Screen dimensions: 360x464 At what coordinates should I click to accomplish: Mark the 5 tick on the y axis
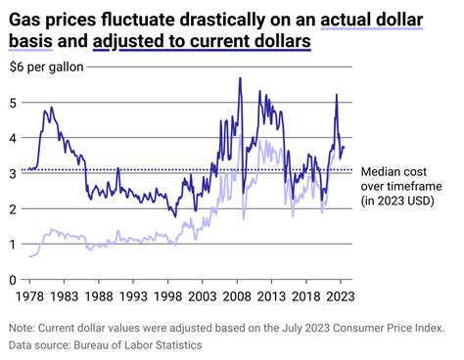point(13,102)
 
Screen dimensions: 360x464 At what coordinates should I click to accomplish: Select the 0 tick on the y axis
point(13,280)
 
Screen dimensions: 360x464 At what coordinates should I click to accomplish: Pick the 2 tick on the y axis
point(13,208)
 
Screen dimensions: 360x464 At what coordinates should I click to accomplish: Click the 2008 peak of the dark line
point(240,79)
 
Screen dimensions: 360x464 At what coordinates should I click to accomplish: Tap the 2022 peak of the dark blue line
point(337,95)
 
